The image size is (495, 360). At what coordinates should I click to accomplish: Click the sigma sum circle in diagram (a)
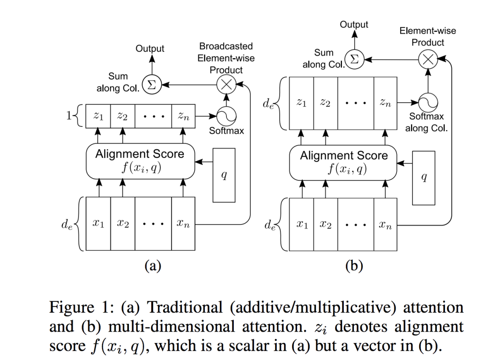pos(151,85)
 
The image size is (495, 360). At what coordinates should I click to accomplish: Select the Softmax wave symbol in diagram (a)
pos(225,117)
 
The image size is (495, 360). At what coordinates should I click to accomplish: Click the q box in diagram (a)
pos(224,175)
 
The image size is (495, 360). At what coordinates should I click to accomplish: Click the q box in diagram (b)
pos(423,178)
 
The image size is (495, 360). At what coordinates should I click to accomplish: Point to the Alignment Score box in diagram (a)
pos(140,160)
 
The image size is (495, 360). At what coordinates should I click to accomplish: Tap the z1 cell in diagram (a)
pos(98,117)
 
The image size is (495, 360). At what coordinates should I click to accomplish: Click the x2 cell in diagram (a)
pos(122,224)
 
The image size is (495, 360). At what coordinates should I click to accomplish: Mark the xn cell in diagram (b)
pos(385,224)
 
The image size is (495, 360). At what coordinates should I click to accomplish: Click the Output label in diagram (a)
pos(150,48)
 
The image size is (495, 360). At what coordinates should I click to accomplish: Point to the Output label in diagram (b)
pos(354,24)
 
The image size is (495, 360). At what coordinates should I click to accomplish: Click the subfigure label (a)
pos(152,266)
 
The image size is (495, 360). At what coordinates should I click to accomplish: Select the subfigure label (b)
pos(354,266)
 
